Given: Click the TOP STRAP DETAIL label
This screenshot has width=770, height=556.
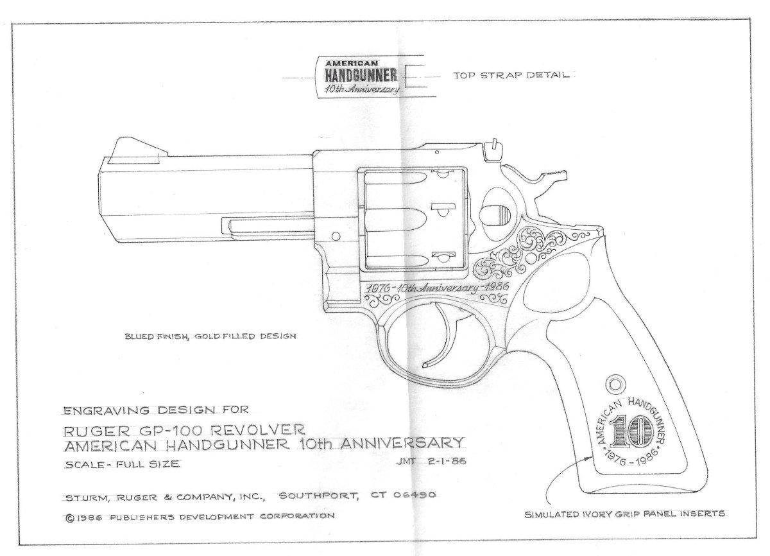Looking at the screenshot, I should [x=511, y=76].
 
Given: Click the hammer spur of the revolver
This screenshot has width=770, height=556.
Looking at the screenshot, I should [x=555, y=174].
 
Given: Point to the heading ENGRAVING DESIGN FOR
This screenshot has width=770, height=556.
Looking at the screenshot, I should [x=158, y=409].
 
